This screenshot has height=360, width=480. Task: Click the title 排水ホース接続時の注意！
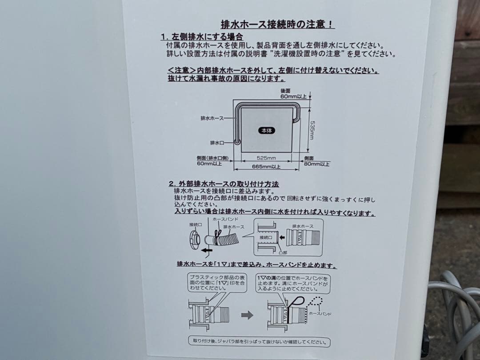278,24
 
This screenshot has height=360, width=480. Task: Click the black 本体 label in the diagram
267,131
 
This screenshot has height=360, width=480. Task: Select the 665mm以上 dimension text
267,167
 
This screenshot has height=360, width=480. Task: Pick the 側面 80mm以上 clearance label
317,161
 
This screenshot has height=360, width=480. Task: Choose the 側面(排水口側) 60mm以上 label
212,161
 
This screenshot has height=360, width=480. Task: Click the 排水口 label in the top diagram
217,143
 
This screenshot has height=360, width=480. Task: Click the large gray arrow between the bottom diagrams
247,315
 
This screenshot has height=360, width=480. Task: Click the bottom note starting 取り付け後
259,342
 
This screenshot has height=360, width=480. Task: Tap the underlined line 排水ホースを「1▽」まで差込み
256,265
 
